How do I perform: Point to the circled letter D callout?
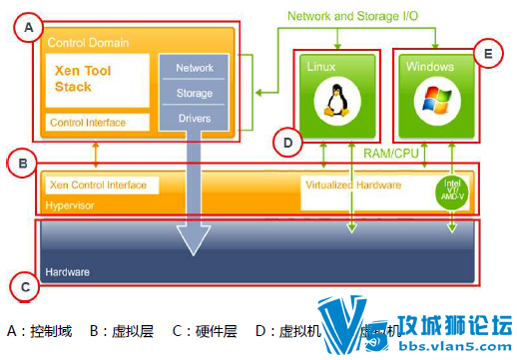tap(287, 144)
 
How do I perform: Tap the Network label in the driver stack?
tap(195, 68)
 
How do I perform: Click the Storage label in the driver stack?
tap(195, 93)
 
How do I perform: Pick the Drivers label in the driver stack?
tap(195, 119)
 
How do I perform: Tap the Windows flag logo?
tap(432, 100)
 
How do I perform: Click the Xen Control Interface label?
tap(97, 185)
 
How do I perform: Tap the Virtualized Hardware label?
tap(354, 184)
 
